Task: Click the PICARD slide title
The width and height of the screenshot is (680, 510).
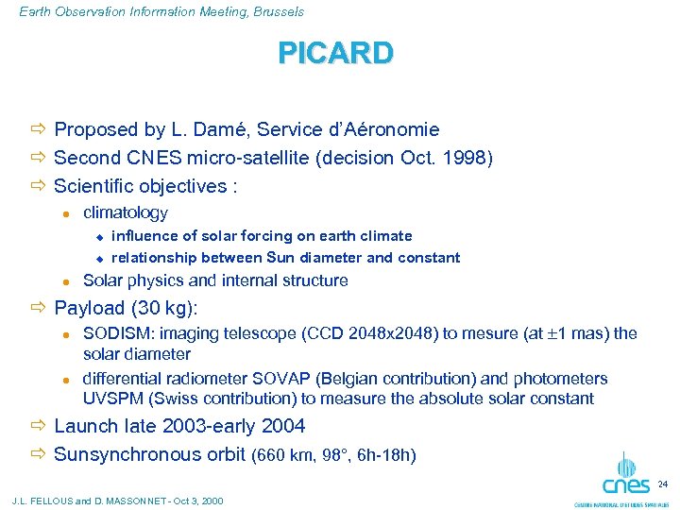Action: [335, 53]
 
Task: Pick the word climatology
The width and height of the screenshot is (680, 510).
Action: [126, 213]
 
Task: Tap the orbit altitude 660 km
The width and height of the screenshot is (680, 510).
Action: [283, 455]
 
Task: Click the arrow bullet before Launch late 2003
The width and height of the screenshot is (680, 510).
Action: [38, 426]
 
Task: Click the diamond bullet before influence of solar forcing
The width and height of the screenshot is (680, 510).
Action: [97, 236]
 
